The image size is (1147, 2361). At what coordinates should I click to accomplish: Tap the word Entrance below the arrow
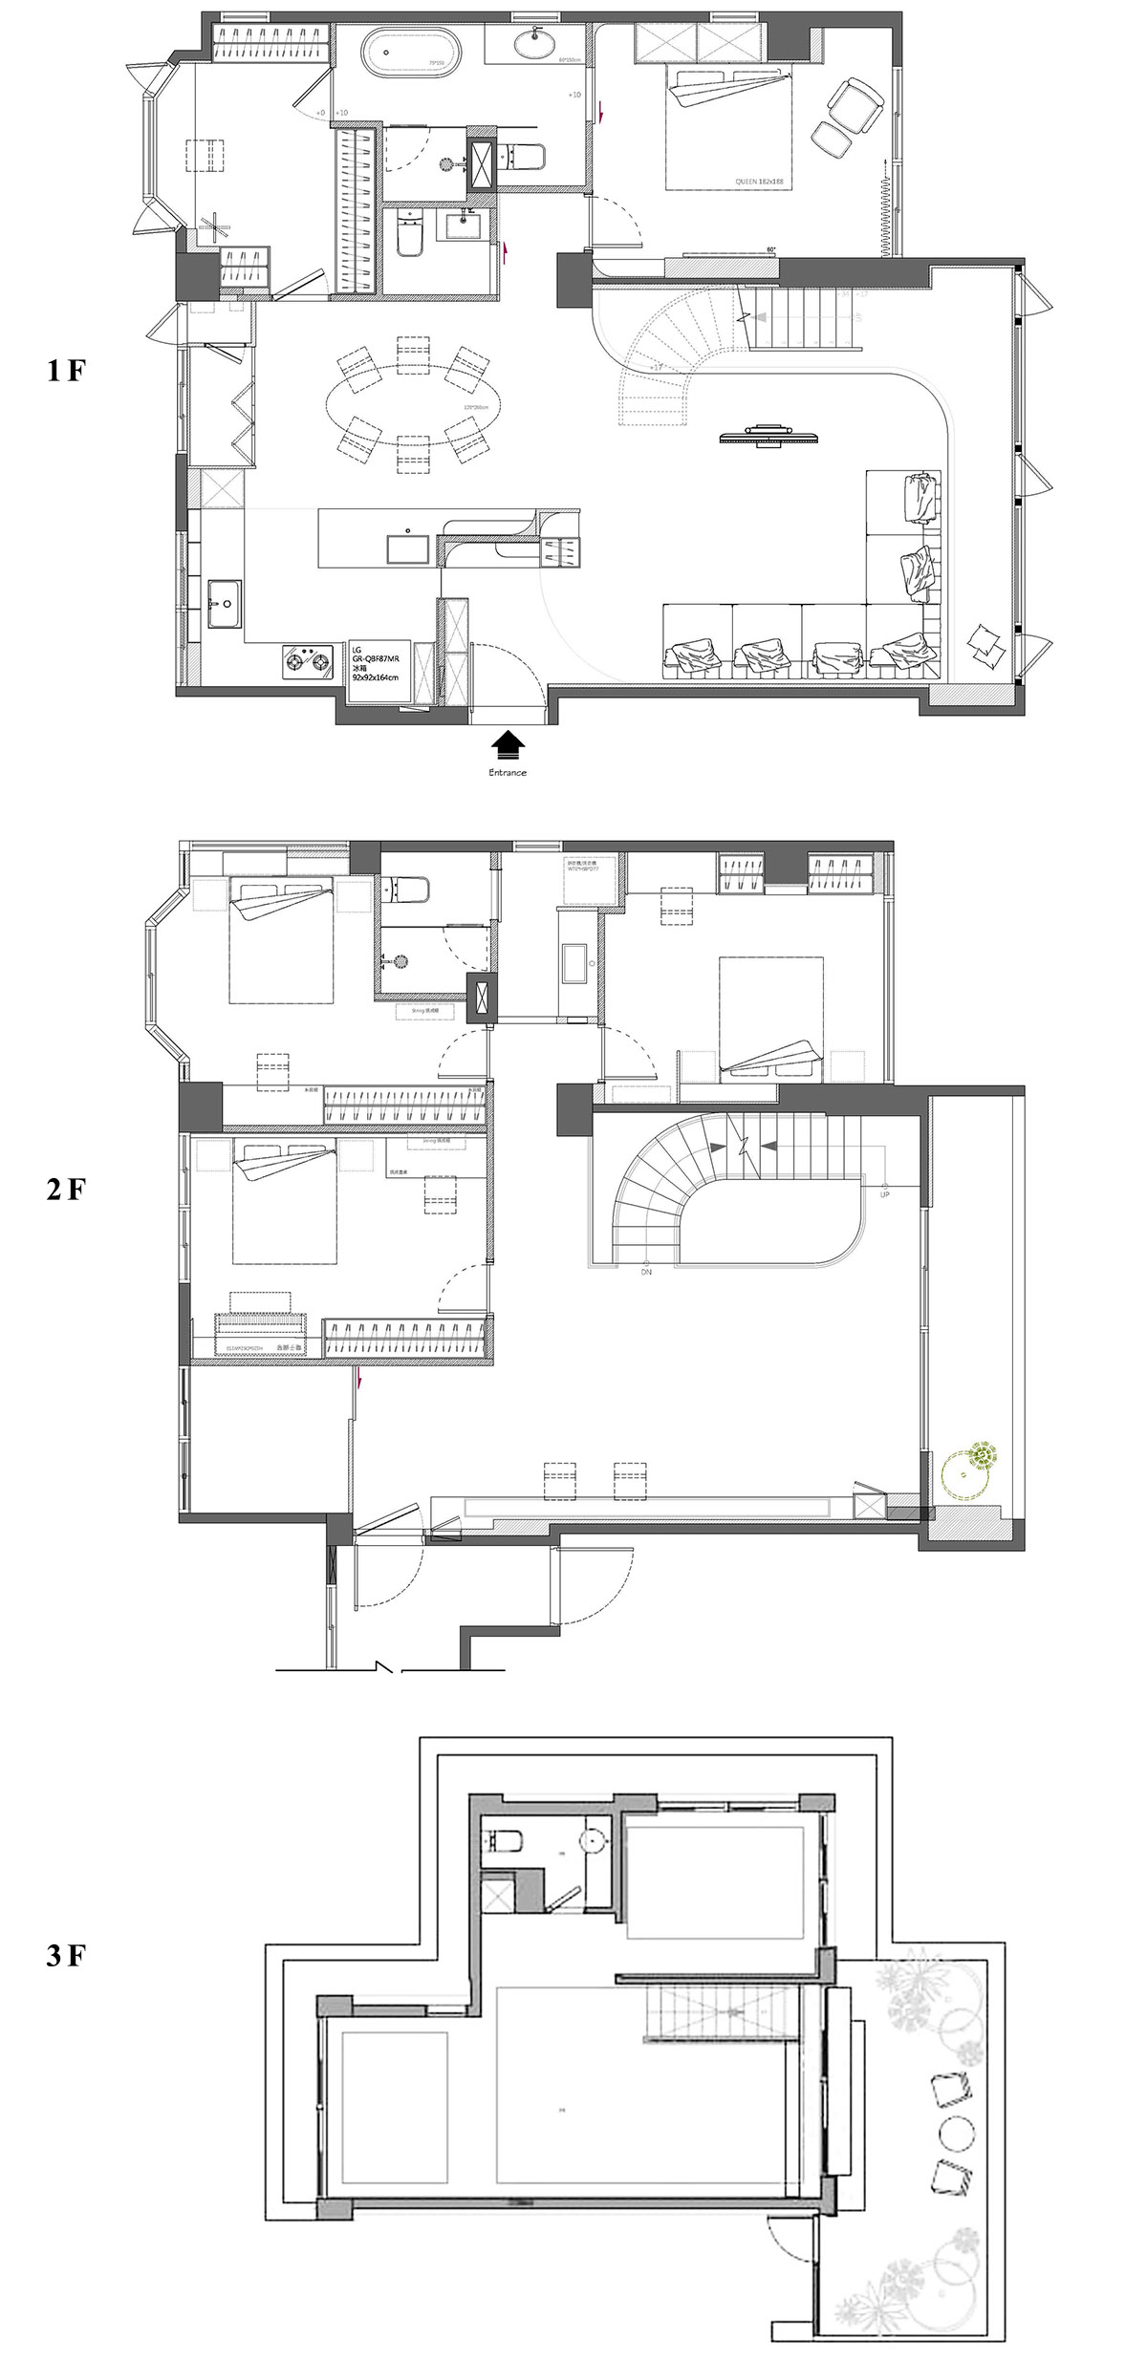click(x=508, y=772)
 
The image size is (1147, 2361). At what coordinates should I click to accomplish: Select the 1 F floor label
click(x=66, y=372)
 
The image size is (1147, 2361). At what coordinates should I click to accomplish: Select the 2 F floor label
click(x=66, y=1190)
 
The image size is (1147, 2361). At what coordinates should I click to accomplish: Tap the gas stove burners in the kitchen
click(x=307, y=658)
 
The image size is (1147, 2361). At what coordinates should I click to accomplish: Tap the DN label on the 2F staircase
click(x=646, y=1272)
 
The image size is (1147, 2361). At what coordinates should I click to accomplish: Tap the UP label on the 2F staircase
click(x=884, y=1194)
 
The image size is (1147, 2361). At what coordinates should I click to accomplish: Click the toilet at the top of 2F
click(x=406, y=889)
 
